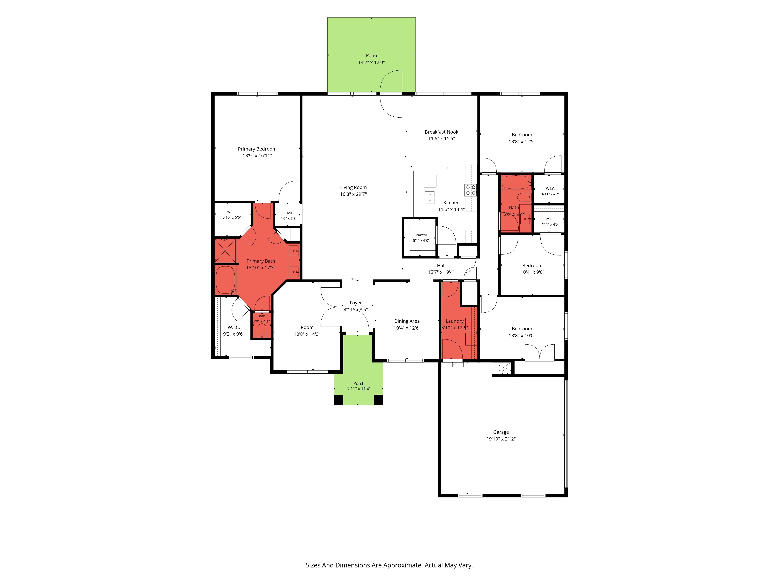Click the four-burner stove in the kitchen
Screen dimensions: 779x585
click(471, 190)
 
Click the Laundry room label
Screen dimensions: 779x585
click(455, 321)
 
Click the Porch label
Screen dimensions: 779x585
click(359, 383)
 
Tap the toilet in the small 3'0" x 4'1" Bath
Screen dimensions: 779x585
click(262, 331)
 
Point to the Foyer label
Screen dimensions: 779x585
click(356, 303)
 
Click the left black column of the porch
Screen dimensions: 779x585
click(338, 400)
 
